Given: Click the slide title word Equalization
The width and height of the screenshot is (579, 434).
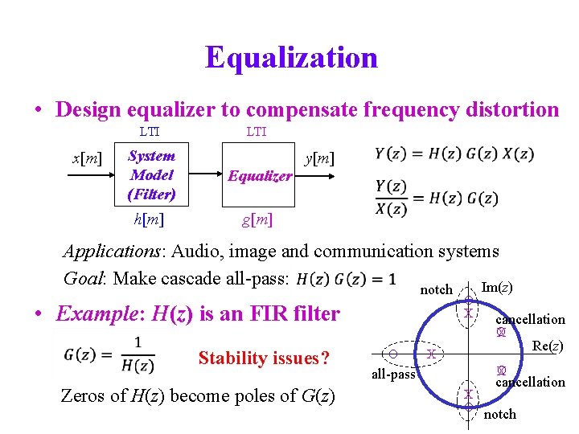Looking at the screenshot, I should click(x=291, y=58).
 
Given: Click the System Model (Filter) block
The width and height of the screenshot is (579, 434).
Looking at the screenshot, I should click(x=152, y=174).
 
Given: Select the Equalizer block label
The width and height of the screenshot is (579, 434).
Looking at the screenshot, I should click(x=259, y=176).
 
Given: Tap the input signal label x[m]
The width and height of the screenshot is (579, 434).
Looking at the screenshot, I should click(x=87, y=158).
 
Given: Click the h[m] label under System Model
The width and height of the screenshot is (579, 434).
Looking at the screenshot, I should click(x=152, y=218).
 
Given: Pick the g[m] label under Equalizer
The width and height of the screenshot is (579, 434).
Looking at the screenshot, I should click(x=257, y=219).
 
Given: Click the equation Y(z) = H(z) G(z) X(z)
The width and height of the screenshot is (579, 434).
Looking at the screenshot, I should click(x=454, y=154).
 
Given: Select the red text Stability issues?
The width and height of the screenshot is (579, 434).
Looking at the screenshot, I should click(x=264, y=358).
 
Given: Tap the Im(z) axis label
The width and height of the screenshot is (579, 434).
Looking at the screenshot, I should click(x=496, y=287).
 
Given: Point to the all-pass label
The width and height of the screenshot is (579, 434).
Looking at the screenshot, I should click(x=393, y=375).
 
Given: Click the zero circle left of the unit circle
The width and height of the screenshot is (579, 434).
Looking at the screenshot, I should click(x=392, y=354).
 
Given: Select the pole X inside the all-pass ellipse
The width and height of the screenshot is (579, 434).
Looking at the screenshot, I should click(x=431, y=354).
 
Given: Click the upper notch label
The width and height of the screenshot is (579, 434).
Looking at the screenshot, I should click(x=437, y=289).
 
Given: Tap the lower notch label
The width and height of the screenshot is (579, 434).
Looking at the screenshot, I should click(x=500, y=414).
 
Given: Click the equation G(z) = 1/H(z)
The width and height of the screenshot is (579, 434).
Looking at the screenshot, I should click(x=108, y=354).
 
